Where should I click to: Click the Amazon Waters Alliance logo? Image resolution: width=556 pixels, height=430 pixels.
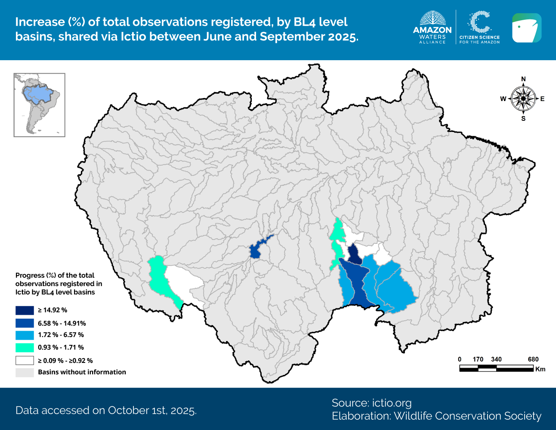pyautogui.click(x=432, y=28)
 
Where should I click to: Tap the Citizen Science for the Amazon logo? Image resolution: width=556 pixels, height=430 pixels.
pyautogui.click(x=479, y=28)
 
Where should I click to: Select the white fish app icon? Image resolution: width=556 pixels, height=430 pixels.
pyautogui.click(x=526, y=28)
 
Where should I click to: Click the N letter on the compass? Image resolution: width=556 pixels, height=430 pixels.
pyautogui.click(x=523, y=79)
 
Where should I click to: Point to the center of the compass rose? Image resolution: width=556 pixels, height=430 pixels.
pyautogui.click(x=523, y=98)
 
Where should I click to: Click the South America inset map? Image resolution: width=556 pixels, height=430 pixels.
pyautogui.click(x=40, y=105)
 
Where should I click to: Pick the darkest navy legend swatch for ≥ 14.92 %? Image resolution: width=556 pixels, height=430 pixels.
pyautogui.click(x=25, y=310)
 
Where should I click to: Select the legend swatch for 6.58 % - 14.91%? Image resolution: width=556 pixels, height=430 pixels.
pyautogui.click(x=25, y=323)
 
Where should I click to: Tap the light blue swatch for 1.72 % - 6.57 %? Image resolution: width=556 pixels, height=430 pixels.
pyautogui.click(x=25, y=335)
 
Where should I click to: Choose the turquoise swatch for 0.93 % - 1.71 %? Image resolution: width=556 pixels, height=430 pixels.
pyautogui.click(x=25, y=347)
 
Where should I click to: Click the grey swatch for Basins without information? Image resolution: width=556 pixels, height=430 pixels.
pyautogui.click(x=25, y=372)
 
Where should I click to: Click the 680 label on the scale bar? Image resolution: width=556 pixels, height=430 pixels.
pyautogui.click(x=533, y=359)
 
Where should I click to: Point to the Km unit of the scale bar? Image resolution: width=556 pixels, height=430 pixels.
pyautogui.click(x=540, y=369)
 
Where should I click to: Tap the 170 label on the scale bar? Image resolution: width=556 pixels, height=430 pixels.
pyautogui.click(x=478, y=359)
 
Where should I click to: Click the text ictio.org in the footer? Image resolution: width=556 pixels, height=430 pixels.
pyautogui.click(x=392, y=403)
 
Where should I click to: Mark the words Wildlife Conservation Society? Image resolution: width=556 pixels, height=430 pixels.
pyautogui.click(x=467, y=416)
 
